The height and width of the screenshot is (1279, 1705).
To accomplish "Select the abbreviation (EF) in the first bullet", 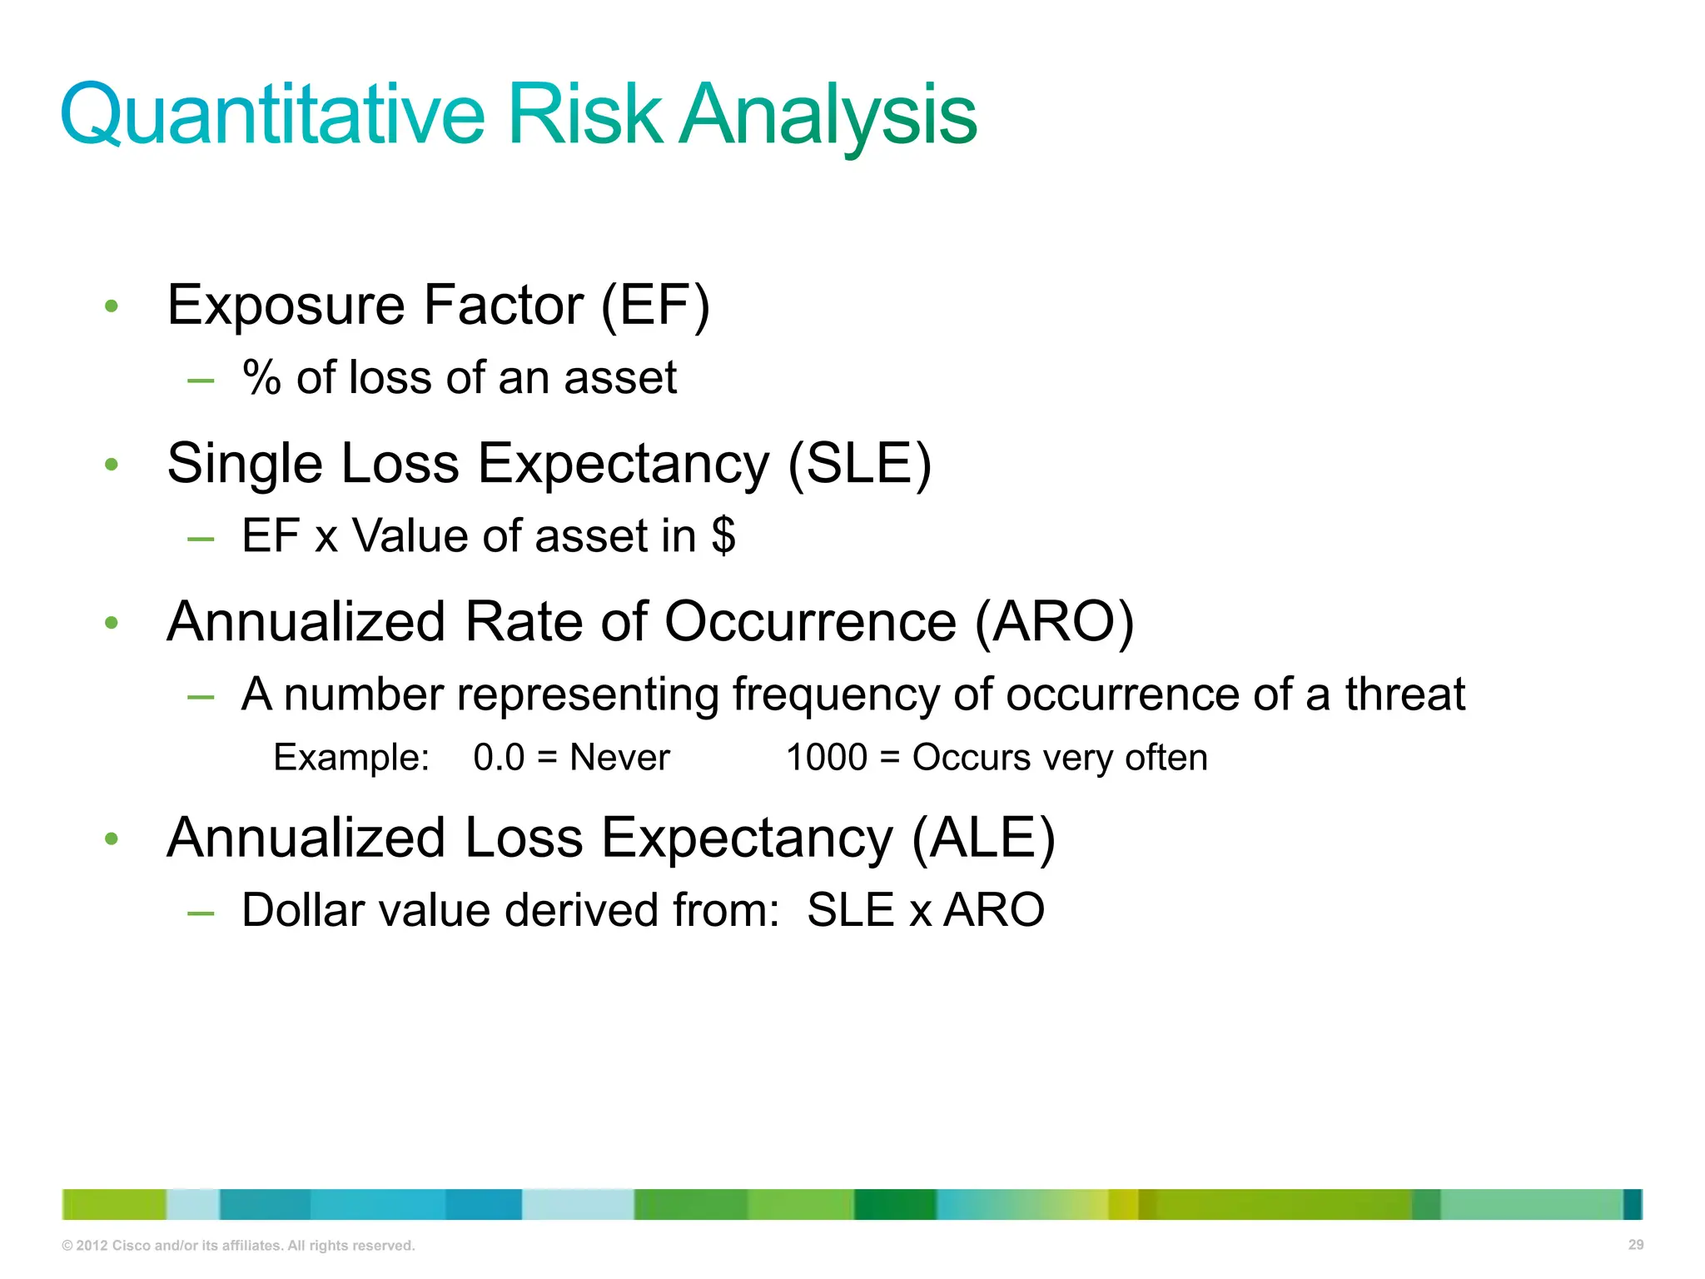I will click(x=655, y=305).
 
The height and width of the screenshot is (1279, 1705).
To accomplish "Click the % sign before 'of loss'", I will click(x=261, y=378).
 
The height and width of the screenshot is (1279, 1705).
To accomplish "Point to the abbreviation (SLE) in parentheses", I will click(x=859, y=463).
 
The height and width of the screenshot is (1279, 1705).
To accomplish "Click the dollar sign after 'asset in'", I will click(x=723, y=535).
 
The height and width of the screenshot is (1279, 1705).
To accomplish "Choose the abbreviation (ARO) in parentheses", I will click(x=1054, y=621).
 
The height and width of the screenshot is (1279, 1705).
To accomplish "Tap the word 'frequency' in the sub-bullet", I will click(x=836, y=694).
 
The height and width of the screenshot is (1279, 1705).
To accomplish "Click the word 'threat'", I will click(x=1404, y=694).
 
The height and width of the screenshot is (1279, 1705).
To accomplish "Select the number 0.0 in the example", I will click(x=499, y=758).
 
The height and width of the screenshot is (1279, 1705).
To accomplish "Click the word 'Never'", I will click(x=619, y=758).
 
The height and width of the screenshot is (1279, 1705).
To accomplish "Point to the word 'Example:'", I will click(x=351, y=758).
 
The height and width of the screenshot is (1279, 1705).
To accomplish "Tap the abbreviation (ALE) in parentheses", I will click(x=983, y=838).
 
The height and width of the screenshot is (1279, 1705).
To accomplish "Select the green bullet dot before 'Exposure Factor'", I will click(x=112, y=306).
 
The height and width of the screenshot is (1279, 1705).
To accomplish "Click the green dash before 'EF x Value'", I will click(x=201, y=540).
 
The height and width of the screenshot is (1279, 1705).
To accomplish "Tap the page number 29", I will click(x=1635, y=1245).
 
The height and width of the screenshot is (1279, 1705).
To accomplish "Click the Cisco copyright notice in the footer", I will click(x=238, y=1246).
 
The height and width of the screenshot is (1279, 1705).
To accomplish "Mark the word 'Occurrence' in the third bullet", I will click(x=810, y=621).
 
